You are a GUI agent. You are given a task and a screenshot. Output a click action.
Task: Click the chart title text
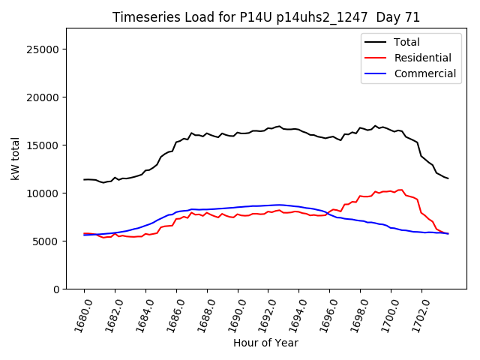266,17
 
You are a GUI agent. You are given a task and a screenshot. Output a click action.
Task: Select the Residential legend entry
422,58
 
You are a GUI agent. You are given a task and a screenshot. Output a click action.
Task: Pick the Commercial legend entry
424,73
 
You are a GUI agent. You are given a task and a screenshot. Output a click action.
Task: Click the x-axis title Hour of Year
266,343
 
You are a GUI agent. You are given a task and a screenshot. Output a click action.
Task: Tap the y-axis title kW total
16,159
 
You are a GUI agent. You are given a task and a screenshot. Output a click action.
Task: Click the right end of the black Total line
448,178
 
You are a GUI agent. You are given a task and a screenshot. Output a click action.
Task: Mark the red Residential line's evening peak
400,190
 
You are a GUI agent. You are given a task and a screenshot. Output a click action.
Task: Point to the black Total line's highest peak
375,126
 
